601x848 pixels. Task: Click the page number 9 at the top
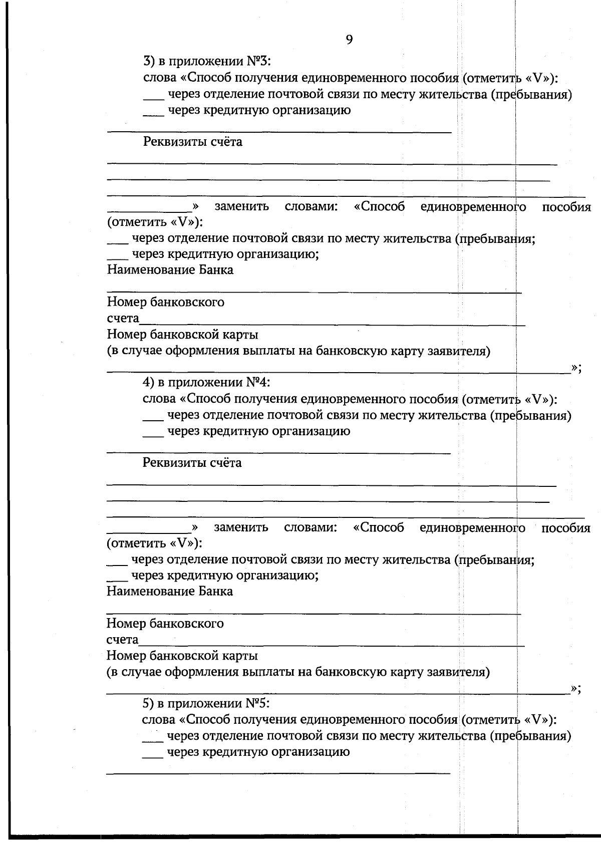[349, 40]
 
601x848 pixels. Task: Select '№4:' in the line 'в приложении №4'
[258, 383]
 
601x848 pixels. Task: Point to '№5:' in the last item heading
[258, 703]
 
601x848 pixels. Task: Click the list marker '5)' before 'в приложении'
[149, 703]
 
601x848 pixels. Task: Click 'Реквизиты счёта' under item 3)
[193, 142]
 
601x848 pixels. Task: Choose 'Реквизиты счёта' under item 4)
[192, 462]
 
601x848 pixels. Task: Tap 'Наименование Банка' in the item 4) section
[170, 591]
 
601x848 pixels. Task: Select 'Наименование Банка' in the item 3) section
[170, 270]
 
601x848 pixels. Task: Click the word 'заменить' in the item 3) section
[242, 206]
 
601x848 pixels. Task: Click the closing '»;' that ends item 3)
[576, 368]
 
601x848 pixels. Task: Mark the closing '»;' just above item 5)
[576, 689]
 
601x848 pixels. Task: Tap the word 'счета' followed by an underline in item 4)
[123, 640]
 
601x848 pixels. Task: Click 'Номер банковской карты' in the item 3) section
[183, 334]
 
